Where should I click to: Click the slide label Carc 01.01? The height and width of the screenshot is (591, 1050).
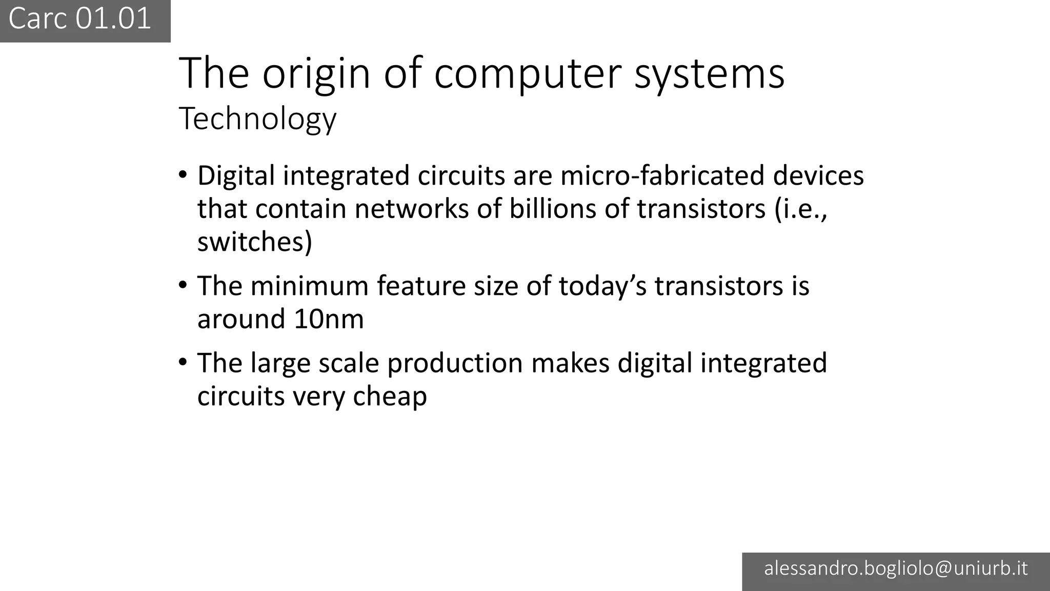tap(80, 19)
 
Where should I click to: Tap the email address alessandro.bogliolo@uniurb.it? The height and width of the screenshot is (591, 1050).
tap(896, 568)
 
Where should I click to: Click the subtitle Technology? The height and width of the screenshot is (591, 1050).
tap(257, 119)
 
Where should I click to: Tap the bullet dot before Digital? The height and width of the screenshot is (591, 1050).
tap(183, 174)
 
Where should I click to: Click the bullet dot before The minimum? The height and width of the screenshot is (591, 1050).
tap(183, 285)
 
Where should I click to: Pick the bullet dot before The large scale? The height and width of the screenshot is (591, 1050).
tap(183, 362)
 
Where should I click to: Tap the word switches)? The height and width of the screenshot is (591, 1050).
tap(255, 242)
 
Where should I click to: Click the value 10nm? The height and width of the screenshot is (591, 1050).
tap(329, 319)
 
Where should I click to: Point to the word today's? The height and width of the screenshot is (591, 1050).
tap(602, 286)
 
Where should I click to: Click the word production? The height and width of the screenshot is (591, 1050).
tap(455, 363)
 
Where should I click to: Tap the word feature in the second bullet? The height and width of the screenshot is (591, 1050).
tap(421, 286)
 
